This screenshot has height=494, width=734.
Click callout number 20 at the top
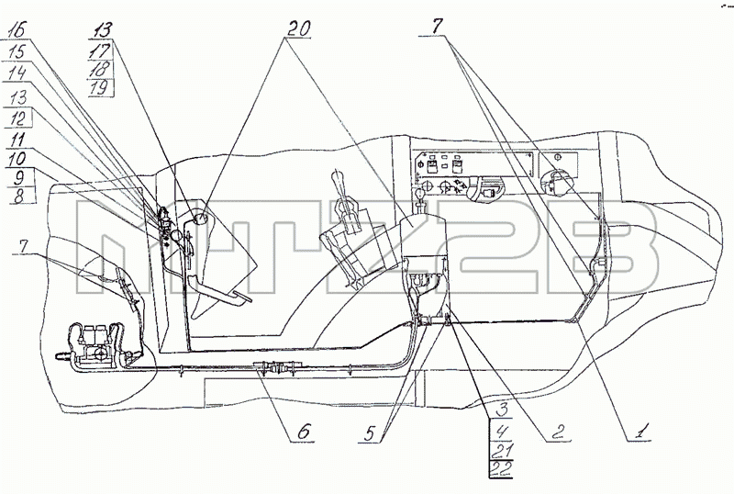(298, 29)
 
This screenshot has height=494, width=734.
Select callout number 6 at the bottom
(304, 432)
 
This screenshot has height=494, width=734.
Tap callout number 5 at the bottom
(371, 434)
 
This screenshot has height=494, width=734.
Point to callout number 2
(558, 432)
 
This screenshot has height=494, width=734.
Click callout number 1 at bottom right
(642, 431)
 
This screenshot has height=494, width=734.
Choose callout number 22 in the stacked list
(500, 468)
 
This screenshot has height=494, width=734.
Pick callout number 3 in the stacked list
(501, 410)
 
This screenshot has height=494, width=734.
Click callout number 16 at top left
(17, 31)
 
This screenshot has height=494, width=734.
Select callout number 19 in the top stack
(100, 87)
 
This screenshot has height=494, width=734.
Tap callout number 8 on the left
(18, 196)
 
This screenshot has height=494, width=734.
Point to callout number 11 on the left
(17, 140)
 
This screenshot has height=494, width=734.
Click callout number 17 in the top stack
(100, 51)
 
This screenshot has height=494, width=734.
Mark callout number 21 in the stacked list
(500, 450)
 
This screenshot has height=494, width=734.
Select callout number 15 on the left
(17, 51)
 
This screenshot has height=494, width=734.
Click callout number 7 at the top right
(437, 27)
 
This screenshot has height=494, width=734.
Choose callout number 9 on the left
(18, 177)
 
